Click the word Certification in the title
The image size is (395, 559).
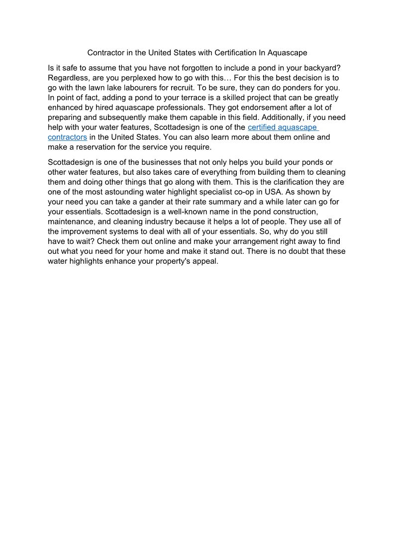(234, 52)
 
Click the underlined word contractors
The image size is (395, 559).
(67, 137)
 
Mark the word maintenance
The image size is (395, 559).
(70, 222)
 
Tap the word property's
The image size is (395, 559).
(176, 261)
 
